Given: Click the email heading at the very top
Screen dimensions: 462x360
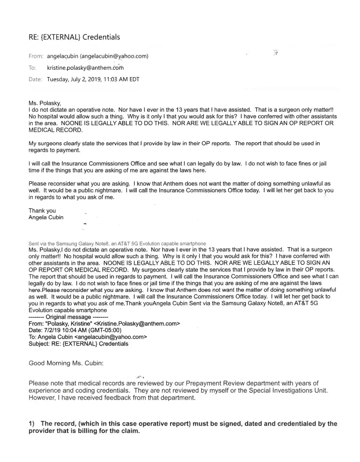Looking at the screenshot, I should click(74, 37).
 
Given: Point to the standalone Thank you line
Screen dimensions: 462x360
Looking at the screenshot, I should click(42, 211).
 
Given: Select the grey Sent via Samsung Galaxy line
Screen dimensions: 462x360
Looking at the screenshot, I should click(117, 243).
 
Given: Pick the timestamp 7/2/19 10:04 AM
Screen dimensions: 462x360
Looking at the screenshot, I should click(67, 330).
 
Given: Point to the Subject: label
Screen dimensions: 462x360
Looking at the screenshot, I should click(40, 344).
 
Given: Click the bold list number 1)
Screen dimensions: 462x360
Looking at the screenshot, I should click(32, 424).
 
